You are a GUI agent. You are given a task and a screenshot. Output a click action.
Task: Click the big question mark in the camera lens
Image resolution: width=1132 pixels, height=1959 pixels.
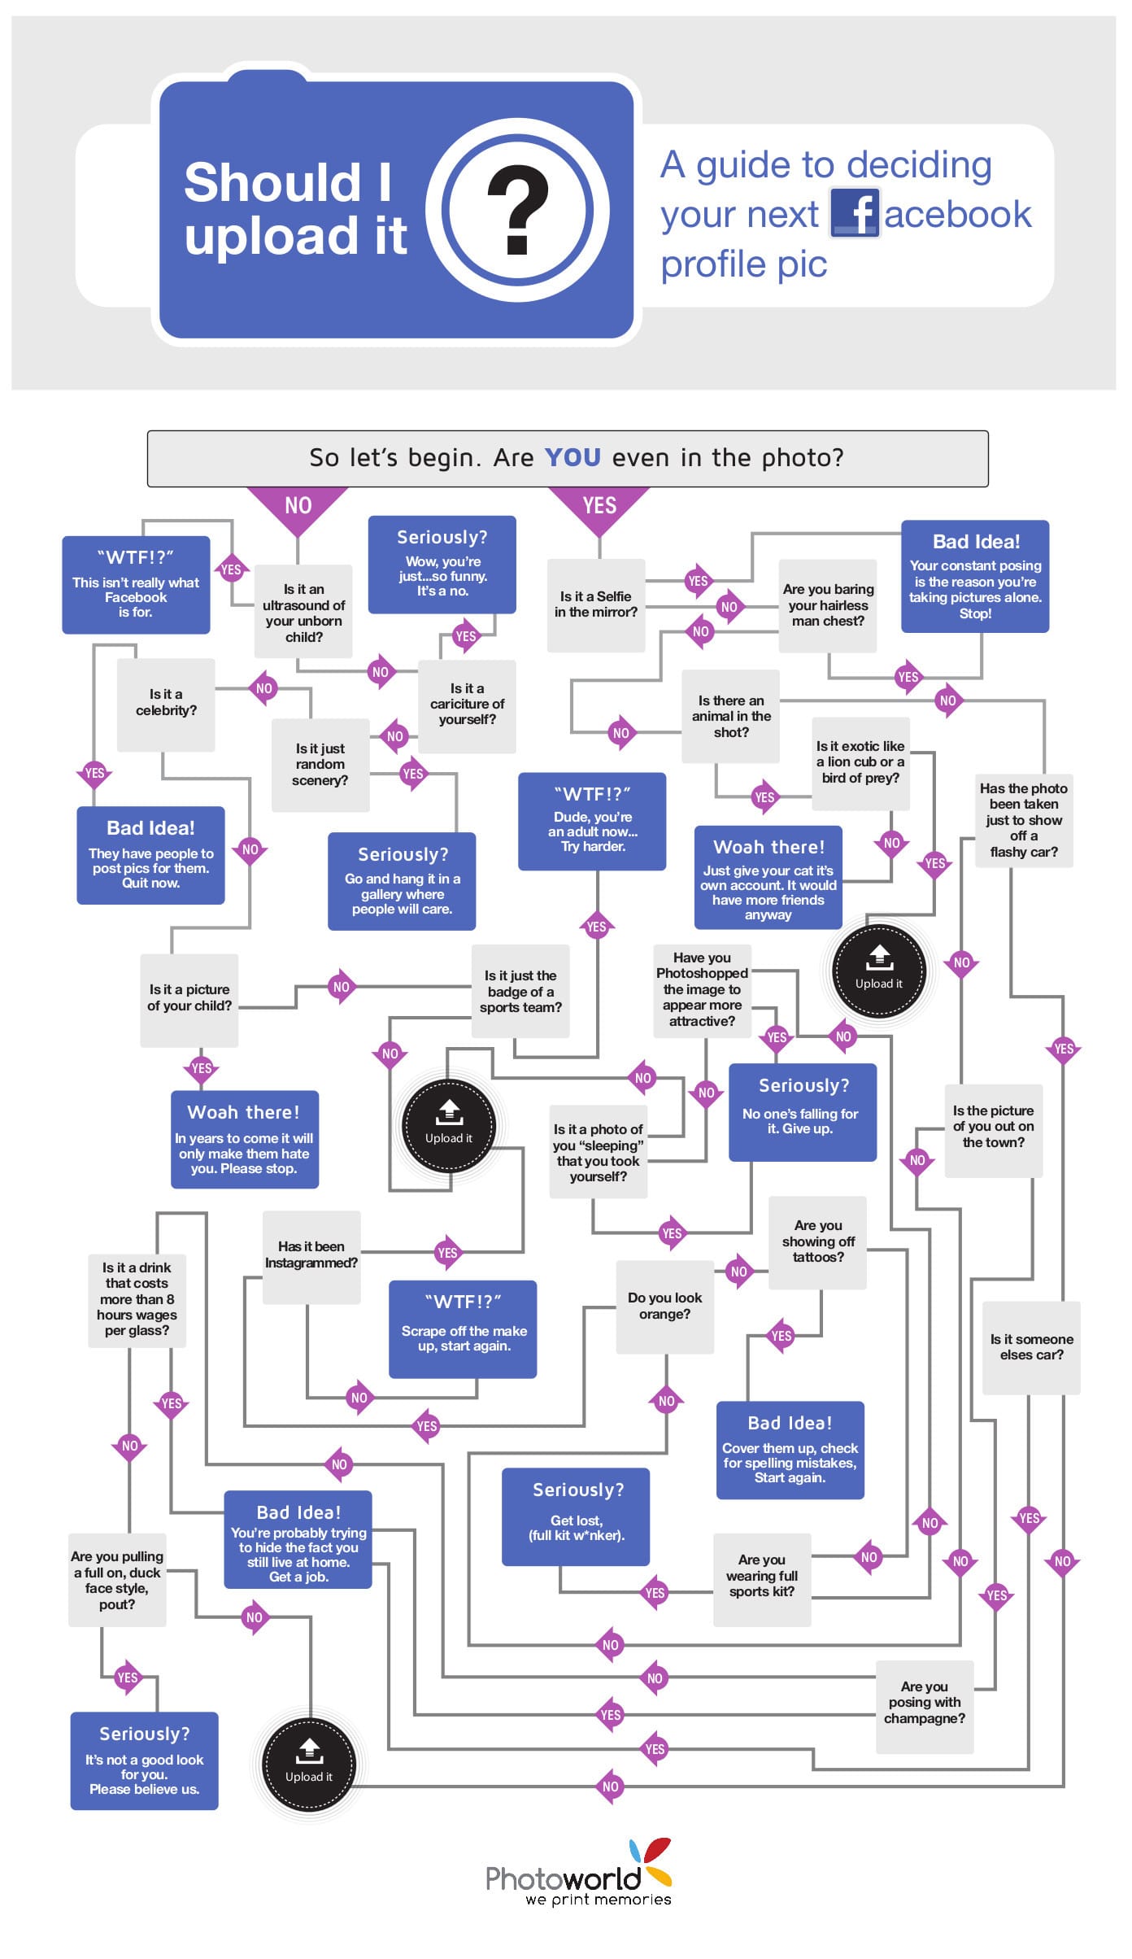tap(518, 210)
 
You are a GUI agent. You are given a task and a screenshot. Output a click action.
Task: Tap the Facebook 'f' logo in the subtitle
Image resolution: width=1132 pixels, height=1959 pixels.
tap(855, 213)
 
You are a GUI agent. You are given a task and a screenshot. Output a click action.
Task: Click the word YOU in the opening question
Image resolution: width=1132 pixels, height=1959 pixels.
tap(573, 458)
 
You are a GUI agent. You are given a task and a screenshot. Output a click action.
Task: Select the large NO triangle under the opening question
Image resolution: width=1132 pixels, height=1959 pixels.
tap(298, 507)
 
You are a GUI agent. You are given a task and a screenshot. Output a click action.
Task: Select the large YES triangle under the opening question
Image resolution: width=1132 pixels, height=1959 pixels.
tap(599, 507)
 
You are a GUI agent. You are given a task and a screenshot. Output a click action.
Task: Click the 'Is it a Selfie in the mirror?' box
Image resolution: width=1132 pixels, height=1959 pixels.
tap(596, 604)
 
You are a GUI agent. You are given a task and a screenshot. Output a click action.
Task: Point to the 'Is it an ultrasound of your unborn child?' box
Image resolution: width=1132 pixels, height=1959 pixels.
tap(303, 612)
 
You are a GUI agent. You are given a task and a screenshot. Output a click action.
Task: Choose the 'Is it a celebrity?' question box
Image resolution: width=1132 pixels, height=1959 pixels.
tap(166, 704)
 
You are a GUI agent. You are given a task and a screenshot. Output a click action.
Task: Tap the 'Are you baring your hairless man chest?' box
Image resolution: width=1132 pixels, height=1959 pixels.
tap(828, 605)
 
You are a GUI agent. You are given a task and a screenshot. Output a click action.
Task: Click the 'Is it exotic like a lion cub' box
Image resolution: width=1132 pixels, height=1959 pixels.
tap(860, 762)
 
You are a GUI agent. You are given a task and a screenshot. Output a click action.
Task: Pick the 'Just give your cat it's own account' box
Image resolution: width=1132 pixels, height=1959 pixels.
tap(768, 878)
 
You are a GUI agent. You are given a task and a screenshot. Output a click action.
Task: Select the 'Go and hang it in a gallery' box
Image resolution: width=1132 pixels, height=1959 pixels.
tap(402, 881)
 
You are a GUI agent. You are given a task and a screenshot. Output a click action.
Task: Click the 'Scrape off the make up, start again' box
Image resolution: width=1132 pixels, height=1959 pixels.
tap(463, 1329)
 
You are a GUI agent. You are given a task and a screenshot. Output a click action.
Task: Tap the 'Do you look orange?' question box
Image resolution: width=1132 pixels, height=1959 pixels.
tap(664, 1307)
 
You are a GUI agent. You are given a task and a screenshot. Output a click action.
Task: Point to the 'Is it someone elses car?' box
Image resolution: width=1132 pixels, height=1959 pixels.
tap(1031, 1347)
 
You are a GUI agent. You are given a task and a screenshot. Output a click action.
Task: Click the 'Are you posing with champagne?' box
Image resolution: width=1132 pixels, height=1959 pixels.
tap(925, 1706)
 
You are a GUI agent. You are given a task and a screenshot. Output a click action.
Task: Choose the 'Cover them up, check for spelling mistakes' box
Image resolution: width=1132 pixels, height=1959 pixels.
tap(790, 1450)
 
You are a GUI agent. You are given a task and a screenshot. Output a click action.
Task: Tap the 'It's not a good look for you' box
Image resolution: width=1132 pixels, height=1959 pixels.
tap(144, 1760)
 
